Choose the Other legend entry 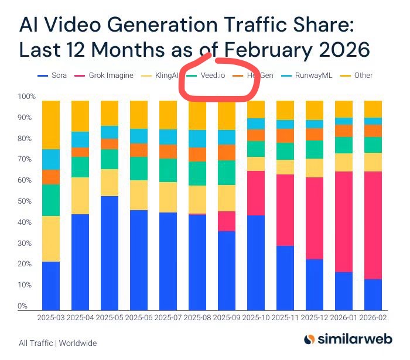tap(358, 76)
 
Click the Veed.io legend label tap(214, 76)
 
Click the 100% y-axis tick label tap(27, 97)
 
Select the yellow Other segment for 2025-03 tap(51, 125)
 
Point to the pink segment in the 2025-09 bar tap(227, 221)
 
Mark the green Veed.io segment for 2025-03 tap(51, 200)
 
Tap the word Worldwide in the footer tap(77, 344)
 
